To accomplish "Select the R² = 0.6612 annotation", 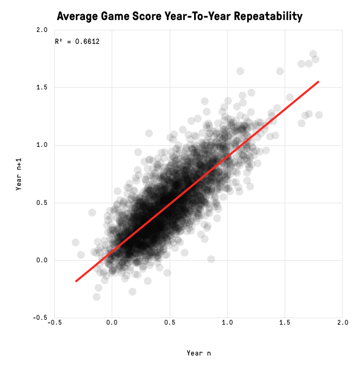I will coord(77,41).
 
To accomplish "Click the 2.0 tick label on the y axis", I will coord(42,30).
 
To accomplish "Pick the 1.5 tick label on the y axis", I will coord(42,87).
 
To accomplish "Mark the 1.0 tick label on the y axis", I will coord(42,145).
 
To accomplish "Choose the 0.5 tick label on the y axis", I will coord(42,203).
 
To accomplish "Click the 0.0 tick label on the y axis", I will coord(42,260).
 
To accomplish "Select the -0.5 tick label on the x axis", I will coord(54,322).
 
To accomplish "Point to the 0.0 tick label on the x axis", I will coord(112,322).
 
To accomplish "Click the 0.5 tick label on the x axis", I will coord(170,322).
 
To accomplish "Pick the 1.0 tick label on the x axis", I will coord(227,322).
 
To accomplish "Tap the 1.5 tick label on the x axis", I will coord(285,322).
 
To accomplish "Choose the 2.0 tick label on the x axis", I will coord(342,322).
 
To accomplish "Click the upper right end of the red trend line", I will coord(318,82).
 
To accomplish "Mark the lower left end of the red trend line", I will coord(76,281).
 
